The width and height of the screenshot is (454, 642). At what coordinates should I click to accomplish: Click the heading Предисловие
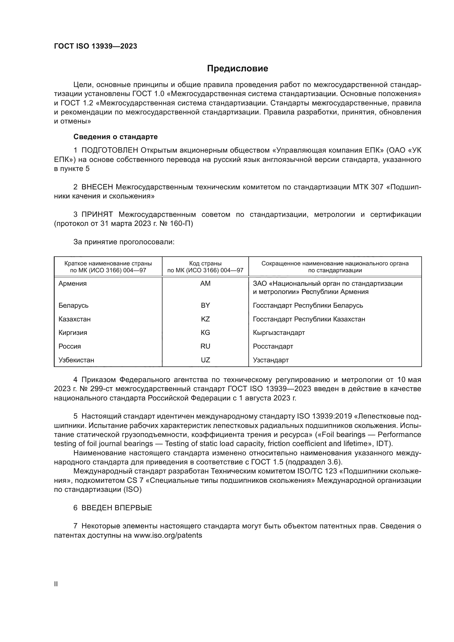point(237,69)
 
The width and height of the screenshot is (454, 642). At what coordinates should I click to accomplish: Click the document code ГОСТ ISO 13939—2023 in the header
point(96,46)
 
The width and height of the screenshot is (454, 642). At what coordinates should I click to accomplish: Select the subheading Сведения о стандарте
point(116,137)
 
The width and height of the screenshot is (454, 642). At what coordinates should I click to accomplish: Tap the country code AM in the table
point(205,284)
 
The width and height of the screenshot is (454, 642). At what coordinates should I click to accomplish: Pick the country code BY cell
point(205,305)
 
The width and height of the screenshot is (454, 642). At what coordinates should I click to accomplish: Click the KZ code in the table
point(205,319)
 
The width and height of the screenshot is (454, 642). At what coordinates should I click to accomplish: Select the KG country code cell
point(205,332)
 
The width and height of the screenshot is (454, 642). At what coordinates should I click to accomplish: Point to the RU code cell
point(205,346)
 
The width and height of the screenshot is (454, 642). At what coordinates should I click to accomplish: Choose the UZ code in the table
point(205,360)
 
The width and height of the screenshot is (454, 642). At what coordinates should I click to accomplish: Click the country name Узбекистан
point(76,360)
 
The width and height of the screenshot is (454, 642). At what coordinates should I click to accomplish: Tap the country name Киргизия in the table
point(73,332)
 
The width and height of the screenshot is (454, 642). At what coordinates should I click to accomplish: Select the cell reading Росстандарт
point(273,346)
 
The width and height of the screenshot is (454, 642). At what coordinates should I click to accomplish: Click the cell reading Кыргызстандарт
point(279,332)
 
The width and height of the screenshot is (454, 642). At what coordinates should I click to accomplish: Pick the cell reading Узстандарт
point(271,360)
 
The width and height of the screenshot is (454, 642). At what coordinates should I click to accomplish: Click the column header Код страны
point(205,263)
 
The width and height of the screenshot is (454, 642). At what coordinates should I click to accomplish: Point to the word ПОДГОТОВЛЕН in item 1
point(110,150)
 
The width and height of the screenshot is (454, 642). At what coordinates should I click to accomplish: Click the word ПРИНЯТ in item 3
point(97,214)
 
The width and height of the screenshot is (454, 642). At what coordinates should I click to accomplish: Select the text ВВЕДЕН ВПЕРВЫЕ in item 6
point(117,508)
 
